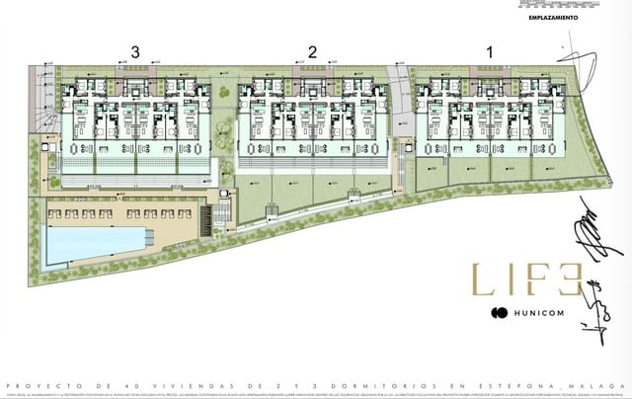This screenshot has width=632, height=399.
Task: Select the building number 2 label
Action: pyautogui.click(x=312, y=51)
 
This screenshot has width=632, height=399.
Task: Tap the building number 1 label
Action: pyautogui.click(x=489, y=51)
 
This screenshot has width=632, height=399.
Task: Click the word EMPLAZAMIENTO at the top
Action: pyautogui.click(x=553, y=18)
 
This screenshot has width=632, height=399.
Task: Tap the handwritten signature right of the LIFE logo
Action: pyautogui.click(x=587, y=235)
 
